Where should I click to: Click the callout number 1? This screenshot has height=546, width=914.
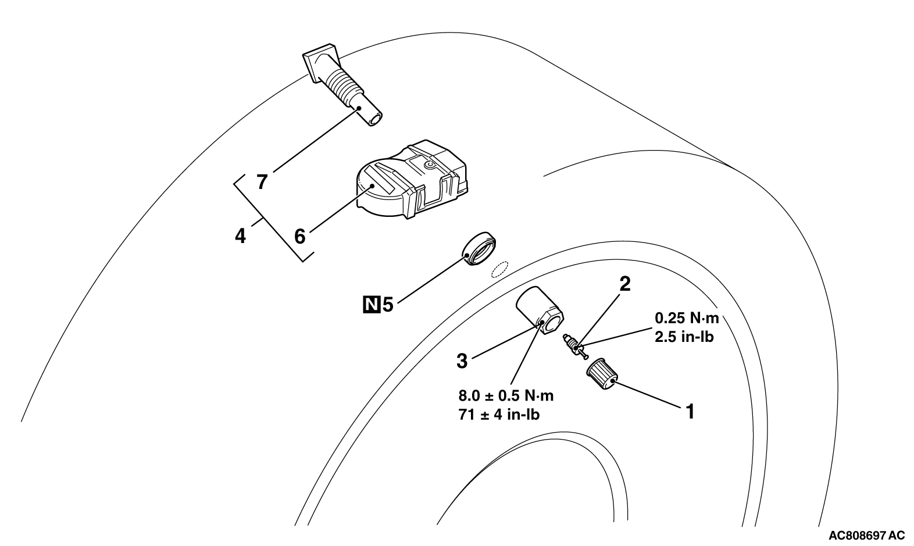pyautogui.click(x=690, y=412)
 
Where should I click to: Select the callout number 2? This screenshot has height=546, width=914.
pyautogui.click(x=625, y=284)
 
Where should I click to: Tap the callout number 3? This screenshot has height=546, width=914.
pyautogui.click(x=462, y=361)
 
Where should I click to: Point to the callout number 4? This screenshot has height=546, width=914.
pyautogui.click(x=240, y=237)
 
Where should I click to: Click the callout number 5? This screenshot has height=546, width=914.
pyautogui.click(x=388, y=304)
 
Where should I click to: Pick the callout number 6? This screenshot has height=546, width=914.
pyautogui.click(x=299, y=236)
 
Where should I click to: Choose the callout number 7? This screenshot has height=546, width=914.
pyautogui.click(x=262, y=183)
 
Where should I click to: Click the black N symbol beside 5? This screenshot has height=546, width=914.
pyautogui.click(x=370, y=304)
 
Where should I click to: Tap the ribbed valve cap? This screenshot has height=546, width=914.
pyautogui.click(x=600, y=374)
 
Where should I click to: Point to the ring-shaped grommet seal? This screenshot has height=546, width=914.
pyautogui.click(x=480, y=249)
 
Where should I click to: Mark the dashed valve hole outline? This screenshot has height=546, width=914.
pyautogui.click(x=499, y=269)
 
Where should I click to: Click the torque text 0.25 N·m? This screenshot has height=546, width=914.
pyautogui.click(x=687, y=318)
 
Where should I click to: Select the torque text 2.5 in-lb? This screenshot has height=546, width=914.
pyautogui.click(x=684, y=337)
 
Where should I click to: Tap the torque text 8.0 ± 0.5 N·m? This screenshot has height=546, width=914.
pyautogui.click(x=506, y=396)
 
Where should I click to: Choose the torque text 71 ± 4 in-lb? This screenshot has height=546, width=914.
pyautogui.click(x=499, y=415)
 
